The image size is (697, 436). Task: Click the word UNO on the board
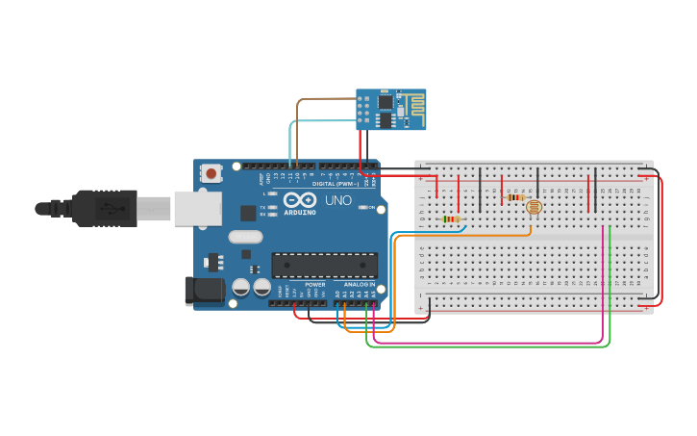[x=337, y=200]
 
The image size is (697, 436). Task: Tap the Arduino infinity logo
[x=300, y=201]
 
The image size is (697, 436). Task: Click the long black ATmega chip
[x=324, y=265]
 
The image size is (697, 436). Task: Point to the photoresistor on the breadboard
[x=534, y=206]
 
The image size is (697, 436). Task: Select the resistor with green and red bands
[x=450, y=219]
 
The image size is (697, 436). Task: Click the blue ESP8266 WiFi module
[x=389, y=109]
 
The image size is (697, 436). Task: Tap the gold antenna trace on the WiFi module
[x=411, y=107]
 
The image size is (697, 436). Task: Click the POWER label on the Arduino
[x=315, y=285]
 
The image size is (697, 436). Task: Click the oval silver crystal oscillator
[x=245, y=237]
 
